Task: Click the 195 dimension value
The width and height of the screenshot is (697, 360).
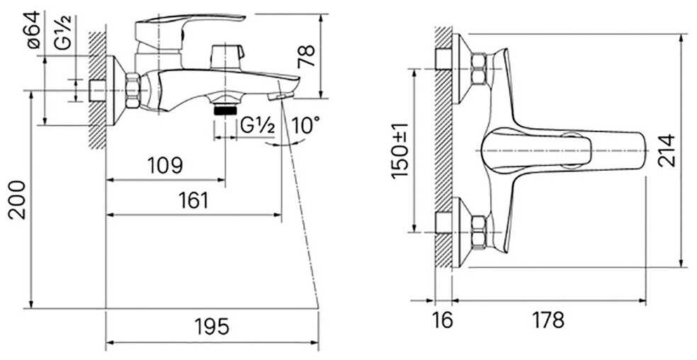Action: coord(212,327)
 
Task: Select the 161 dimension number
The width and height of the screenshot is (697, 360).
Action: coord(193,200)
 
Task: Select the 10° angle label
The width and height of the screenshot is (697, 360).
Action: coord(305,126)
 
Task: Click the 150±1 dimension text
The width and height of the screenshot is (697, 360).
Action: coord(400,150)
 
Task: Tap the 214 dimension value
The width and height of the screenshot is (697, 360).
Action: coord(667,150)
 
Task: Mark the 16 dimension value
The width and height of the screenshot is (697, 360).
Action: coord(441,320)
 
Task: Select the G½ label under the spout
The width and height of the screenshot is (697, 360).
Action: coord(256,125)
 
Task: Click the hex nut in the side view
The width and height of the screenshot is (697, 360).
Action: coord(134,90)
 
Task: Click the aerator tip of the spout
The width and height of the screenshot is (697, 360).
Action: coord(283,93)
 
